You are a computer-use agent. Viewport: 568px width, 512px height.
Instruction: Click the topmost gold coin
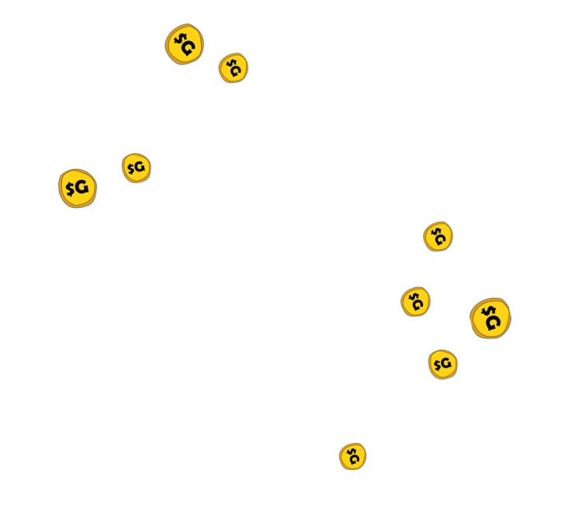click(x=185, y=44)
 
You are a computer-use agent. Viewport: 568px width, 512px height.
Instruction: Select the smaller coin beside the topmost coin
click(x=234, y=68)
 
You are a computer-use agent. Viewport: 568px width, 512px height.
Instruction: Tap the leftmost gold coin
click(x=78, y=188)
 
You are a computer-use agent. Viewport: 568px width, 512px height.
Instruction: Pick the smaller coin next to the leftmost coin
click(x=136, y=168)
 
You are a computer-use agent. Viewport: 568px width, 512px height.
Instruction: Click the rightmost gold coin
click(x=490, y=318)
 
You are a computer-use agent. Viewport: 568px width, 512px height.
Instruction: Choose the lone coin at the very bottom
click(x=352, y=456)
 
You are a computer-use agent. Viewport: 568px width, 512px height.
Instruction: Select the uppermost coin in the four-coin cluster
click(x=438, y=237)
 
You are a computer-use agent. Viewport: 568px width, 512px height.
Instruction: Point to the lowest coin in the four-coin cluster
click(x=442, y=364)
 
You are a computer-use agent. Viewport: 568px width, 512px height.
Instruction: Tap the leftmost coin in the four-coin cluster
click(x=415, y=302)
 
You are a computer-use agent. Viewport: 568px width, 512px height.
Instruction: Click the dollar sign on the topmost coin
click(x=178, y=38)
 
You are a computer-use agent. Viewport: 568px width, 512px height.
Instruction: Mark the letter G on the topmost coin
click(x=189, y=48)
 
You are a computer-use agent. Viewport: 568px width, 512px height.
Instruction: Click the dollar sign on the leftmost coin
click(x=70, y=188)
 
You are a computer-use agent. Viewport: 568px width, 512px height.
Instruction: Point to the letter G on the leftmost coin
click(x=81, y=187)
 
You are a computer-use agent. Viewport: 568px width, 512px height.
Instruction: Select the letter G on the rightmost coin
click(x=494, y=322)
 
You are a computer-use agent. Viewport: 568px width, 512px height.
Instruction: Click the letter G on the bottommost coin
click(x=355, y=459)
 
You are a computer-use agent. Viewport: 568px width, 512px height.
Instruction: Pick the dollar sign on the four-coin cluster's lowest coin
click(x=436, y=363)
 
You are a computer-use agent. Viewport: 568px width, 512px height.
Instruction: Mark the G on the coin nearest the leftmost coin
click(x=140, y=168)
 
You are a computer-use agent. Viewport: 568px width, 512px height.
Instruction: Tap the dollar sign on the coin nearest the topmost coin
click(x=230, y=64)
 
